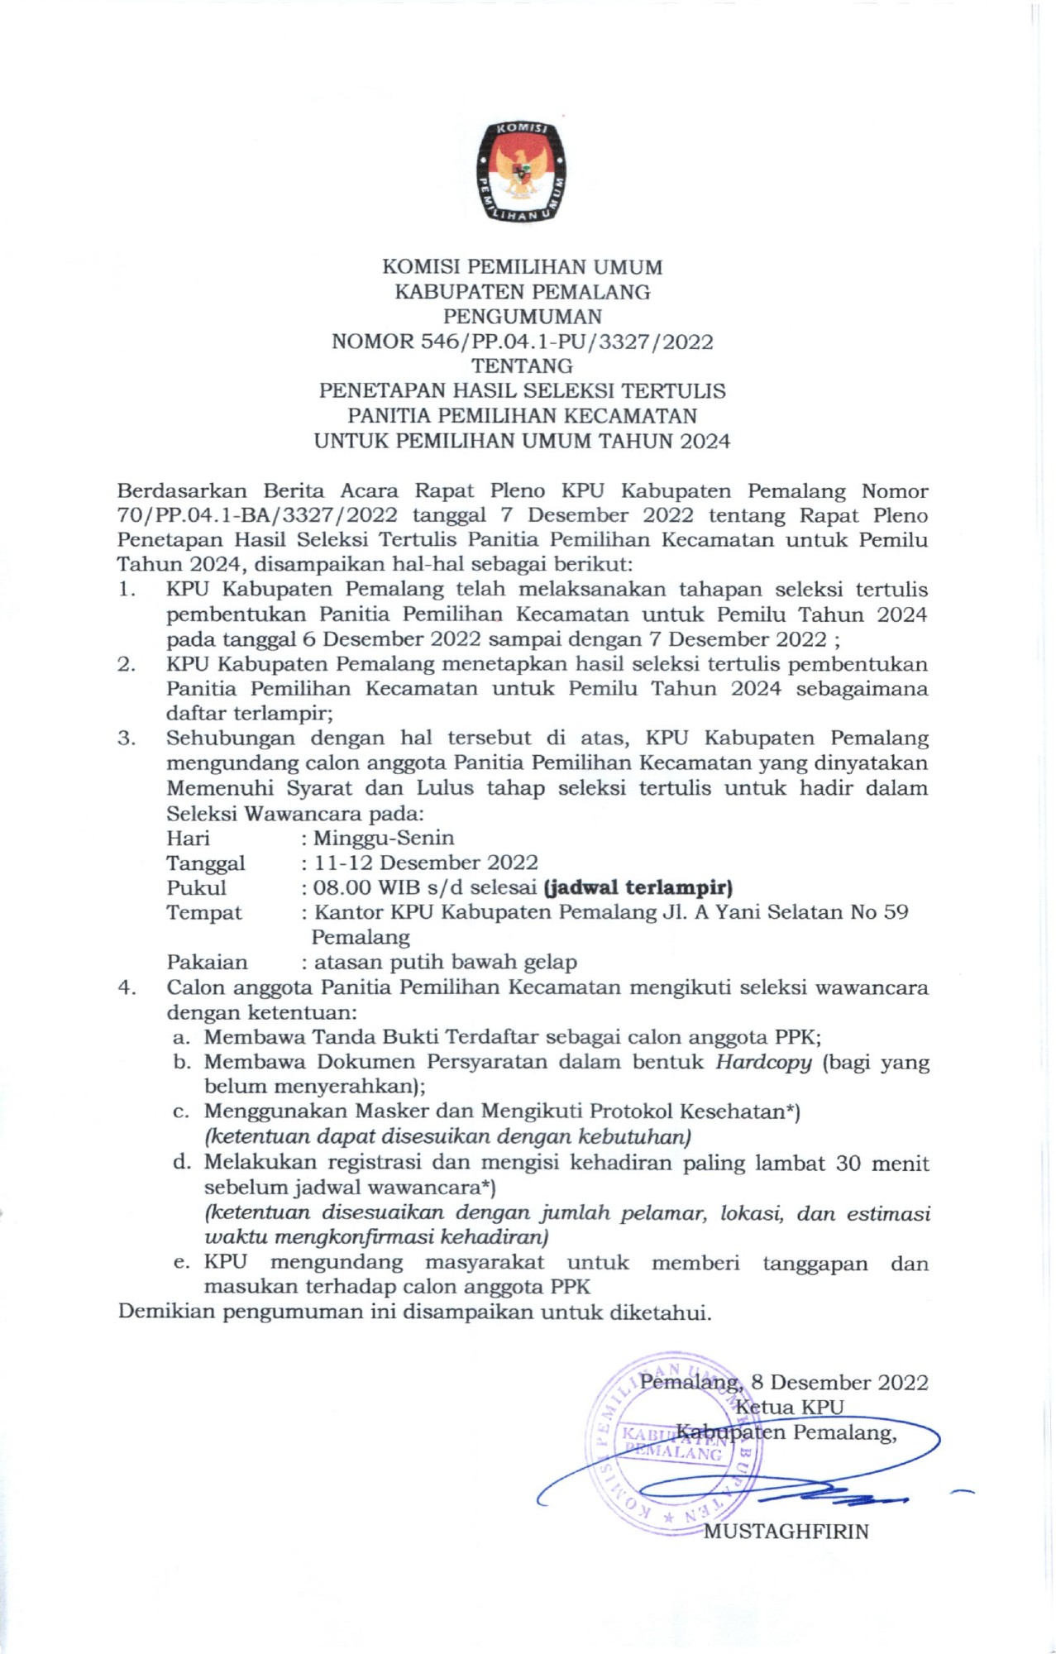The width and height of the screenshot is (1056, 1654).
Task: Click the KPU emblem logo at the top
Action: (522, 172)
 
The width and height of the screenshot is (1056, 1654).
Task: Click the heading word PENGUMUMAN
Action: (522, 317)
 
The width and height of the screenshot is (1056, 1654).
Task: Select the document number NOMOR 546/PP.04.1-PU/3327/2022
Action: (522, 342)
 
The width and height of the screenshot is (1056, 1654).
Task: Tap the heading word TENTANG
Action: (522, 366)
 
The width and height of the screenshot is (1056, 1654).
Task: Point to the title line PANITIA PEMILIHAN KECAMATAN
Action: (522, 416)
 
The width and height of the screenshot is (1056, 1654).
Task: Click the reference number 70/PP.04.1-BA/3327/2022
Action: (257, 515)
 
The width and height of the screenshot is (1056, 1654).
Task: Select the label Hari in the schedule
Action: (188, 839)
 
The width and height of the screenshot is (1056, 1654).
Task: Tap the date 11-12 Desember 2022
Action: (425, 863)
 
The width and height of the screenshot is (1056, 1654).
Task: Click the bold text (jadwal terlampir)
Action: (638, 888)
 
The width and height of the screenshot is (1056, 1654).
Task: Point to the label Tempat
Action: (204, 913)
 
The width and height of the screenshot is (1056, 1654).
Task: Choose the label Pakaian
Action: (207, 963)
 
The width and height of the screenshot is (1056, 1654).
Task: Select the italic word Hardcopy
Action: (763, 1063)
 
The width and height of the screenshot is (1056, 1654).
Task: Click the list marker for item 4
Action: (126, 987)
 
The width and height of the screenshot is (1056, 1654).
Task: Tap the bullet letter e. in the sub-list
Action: (182, 1263)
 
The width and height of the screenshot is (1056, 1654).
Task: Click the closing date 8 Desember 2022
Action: (839, 1383)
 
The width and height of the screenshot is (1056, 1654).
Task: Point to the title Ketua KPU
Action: (790, 1408)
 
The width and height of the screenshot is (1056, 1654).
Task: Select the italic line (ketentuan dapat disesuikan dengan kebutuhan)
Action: (447, 1137)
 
